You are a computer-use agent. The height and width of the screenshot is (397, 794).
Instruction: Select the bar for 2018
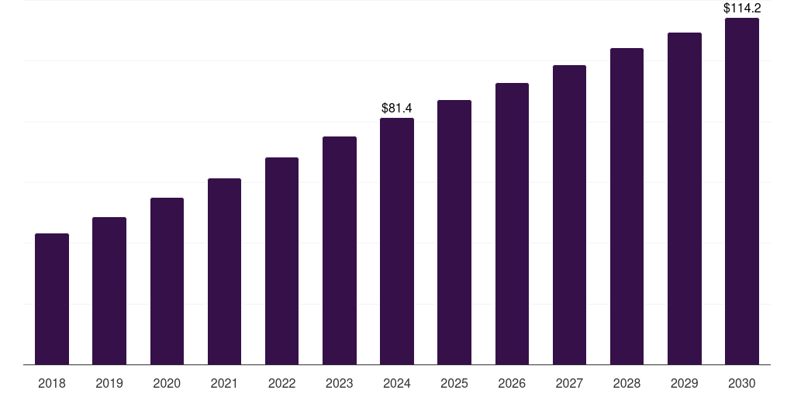(x=52, y=299)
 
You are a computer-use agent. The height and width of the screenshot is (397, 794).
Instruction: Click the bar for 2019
(x=109, y=291)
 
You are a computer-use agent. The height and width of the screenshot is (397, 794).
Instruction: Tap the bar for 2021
(x=224, y=271)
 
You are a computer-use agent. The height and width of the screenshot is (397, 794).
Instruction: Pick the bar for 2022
(x=281, y=261)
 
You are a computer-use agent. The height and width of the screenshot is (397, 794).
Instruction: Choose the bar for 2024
(x=397, y=241)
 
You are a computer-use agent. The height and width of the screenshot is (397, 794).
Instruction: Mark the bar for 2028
(x=627, y=206)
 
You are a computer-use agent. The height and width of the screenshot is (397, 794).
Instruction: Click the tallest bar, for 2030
(x=742, y=191)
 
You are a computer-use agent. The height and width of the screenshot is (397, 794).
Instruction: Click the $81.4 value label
(x=397, y=109)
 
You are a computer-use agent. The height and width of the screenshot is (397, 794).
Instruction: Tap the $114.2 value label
(x=742, y=9)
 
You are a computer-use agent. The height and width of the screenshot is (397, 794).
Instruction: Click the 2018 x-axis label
(x=52, y=383)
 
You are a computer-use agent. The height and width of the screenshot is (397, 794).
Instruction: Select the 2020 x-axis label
(x=167, y=383)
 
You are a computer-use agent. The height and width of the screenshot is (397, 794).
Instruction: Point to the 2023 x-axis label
(x=340, y=383)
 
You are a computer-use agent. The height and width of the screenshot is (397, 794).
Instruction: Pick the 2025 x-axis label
(x=454, y=383)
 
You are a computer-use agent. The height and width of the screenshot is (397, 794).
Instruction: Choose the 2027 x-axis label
(x=569, y=383)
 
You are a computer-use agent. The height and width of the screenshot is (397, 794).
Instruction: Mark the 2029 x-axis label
(x=685, y=383)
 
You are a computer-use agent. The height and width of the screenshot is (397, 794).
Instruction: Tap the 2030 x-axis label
(x=742, y=383)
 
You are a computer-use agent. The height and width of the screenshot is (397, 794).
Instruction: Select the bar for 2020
(x=167, y=281)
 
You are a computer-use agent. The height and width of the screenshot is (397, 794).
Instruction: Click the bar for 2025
(x=454, y=232)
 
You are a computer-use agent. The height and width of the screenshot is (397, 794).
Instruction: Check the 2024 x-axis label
(x=397, y=383)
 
